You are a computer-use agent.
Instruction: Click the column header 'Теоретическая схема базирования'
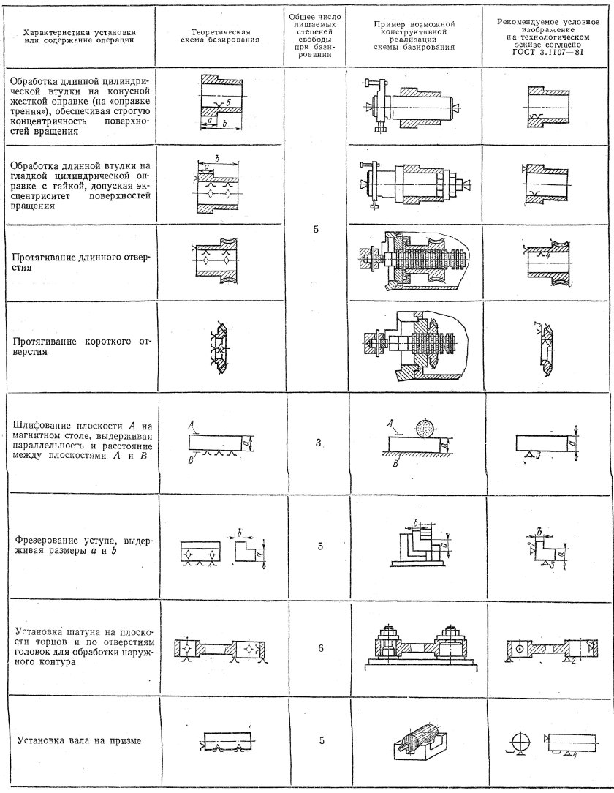point(221,37)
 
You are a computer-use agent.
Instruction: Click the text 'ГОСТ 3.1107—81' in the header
point(549,53)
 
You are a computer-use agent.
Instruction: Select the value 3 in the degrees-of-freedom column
point(319,442)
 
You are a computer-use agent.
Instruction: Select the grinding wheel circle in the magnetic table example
point(425,429)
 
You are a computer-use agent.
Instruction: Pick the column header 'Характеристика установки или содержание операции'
point(79,37)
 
